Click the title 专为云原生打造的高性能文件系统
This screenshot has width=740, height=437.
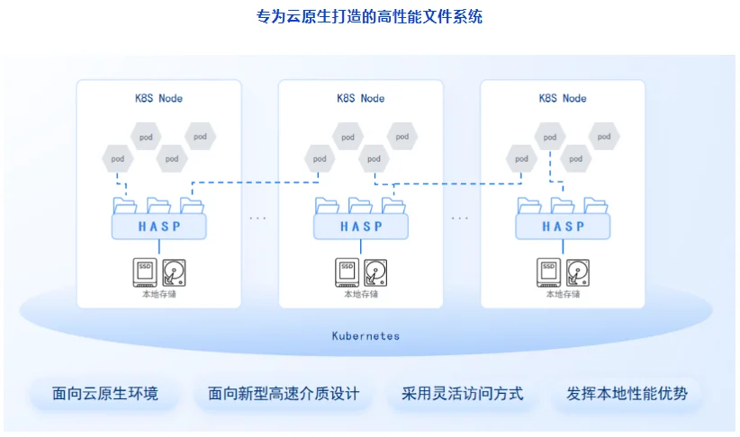[x=369, y=17]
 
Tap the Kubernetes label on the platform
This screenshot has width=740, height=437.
[x=365, y=335]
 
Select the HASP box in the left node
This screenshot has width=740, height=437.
[x=159, y=227]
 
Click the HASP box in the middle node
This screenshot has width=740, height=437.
[x=361, y=227]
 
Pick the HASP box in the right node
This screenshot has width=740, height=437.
[x=563, y=227]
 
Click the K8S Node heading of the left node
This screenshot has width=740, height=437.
[x=158, y=98]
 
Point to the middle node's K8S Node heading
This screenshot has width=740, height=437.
[x=360, y=98]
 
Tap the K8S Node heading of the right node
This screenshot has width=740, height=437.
[x=562, y=98]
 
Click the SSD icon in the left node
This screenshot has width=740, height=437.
[x=145, y=271]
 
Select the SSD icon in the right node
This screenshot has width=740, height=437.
[x=548, y=271]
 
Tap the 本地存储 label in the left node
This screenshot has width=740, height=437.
[x=159, y=294]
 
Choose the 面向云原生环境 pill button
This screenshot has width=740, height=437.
[x=105, y=394]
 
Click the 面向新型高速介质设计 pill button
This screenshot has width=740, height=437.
[x=284, y=394]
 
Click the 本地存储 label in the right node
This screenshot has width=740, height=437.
[x=563, y=294]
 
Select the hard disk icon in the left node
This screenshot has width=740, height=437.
[x=174, y=272]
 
